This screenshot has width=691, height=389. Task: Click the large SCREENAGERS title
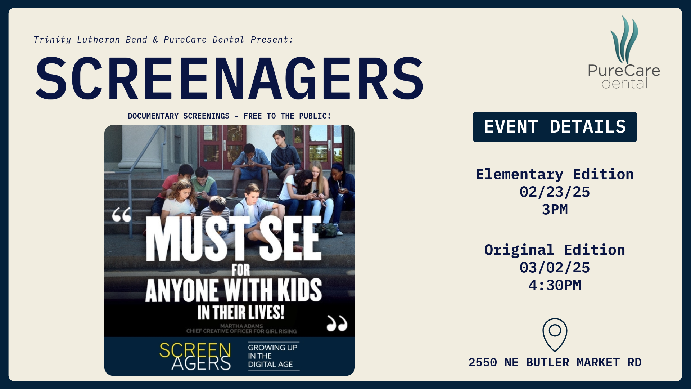pos(229,78)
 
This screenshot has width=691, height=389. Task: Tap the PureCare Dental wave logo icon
pos(624,40)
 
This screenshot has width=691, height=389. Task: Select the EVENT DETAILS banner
pos(555,127)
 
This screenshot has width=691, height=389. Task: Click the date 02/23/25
pos(555,192)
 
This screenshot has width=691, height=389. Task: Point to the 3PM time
pos(555,210)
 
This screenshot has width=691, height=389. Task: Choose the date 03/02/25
pos(555,268)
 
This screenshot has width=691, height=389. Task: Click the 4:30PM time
pos(555,285)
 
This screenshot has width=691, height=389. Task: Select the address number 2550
pos(482,362)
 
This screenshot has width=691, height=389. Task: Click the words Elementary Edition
pos(555,174)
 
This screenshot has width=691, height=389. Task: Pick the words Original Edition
pos(555,250)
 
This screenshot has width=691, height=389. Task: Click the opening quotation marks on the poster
pos(122,215)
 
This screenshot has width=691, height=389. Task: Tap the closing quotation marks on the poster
pos(337,323)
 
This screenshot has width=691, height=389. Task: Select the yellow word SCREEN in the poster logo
pos(195,350)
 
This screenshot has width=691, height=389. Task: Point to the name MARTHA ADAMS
pos(241,326)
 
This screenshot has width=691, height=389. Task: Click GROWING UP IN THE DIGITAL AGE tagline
pos(272,356)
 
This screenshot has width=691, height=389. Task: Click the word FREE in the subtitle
pos(253,116)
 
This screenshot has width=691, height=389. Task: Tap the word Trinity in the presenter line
pos(52,40)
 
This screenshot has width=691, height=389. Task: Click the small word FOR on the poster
pos(241,270)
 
